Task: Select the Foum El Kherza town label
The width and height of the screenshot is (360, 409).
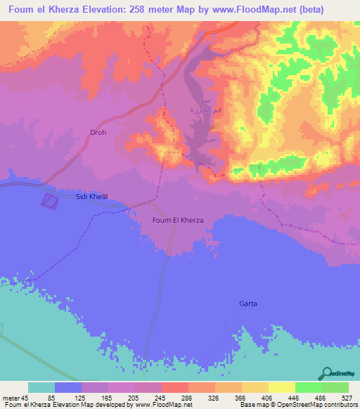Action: click(178, 220)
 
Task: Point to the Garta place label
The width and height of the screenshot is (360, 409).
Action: click(248, 304)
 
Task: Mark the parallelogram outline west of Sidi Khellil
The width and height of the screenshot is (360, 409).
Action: click(51, 202)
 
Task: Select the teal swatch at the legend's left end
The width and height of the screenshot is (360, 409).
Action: click(41, 387)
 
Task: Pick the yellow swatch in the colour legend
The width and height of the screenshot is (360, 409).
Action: click(281, 387)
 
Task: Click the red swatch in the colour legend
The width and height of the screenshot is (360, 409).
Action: click(174, 387)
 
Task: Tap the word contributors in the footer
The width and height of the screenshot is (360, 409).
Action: click(340, 405)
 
